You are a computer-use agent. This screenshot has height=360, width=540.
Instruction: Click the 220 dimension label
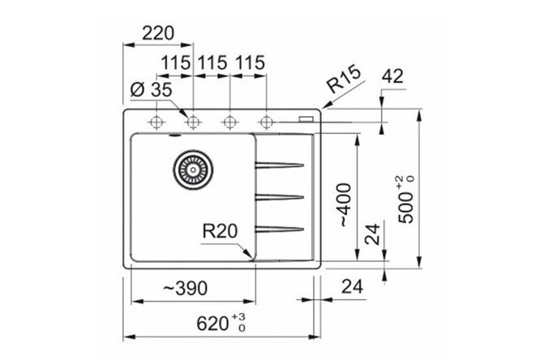[x=158, y=34]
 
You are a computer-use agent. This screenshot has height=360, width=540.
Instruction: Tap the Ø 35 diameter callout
[x=151, y=90]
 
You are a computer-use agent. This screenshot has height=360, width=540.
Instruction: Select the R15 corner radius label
[x=344, y=79]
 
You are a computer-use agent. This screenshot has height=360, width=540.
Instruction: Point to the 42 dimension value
[x=392, y=75]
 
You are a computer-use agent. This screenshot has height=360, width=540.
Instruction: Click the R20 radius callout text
[x=220, y=231]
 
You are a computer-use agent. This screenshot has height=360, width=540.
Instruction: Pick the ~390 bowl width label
[x=186, y=289]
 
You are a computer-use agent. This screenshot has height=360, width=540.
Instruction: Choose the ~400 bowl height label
[x=345, y=205]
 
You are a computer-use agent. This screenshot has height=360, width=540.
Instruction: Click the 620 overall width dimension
[x=221, y=323]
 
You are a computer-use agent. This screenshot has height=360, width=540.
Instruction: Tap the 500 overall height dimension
[x=405, y=199]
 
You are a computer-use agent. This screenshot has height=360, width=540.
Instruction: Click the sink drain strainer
[x=193, y=169]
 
